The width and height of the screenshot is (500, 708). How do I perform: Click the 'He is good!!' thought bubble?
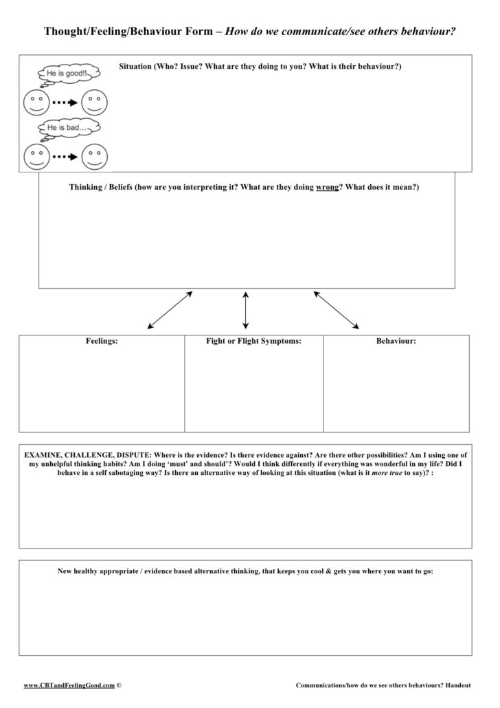click(x=68, y=72)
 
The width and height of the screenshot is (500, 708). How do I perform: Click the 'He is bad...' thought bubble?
click(x=68, y=128)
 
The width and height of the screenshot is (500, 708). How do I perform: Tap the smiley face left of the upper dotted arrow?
click(x=36, y=102)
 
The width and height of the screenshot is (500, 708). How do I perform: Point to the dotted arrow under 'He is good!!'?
click(x=65, y=102)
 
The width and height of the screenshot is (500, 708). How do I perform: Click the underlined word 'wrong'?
click(x=327, y=187)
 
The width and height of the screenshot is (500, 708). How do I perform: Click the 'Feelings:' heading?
click(x=102, y=341)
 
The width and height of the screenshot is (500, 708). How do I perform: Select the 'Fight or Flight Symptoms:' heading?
click(x=253, y=341)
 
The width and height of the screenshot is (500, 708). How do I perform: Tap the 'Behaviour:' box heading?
click(x=396, y=341)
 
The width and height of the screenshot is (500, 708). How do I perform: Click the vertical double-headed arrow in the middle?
click(x=246, y=309)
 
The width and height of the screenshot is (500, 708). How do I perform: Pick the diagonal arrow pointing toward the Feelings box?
click(x=170, y=309)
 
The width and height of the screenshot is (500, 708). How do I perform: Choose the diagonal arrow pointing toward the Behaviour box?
click(x=336, y=309)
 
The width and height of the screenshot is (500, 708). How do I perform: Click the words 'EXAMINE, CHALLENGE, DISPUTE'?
click(x=87, y=455)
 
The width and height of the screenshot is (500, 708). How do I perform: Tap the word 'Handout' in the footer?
click(x=457, y=685)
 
